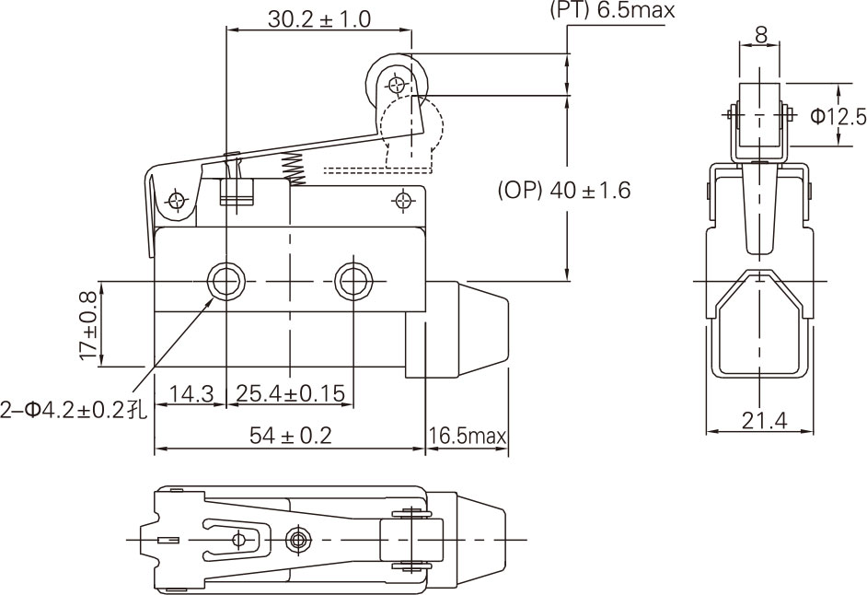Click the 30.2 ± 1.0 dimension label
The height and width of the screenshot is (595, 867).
tap(319, 18)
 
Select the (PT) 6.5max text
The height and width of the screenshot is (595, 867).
tap(611, 11)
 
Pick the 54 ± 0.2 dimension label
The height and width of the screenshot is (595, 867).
tap(290, 436)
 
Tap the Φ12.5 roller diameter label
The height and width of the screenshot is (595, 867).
tap(838, 116)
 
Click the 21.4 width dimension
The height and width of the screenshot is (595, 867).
tap(764, 421)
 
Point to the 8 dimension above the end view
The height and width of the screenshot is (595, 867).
tap(761, 34)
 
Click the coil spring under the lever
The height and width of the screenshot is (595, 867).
tap(293, 168)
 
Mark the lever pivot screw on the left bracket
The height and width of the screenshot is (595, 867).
tap(176, 200)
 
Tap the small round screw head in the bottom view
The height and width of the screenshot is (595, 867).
tap(296, 538)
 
